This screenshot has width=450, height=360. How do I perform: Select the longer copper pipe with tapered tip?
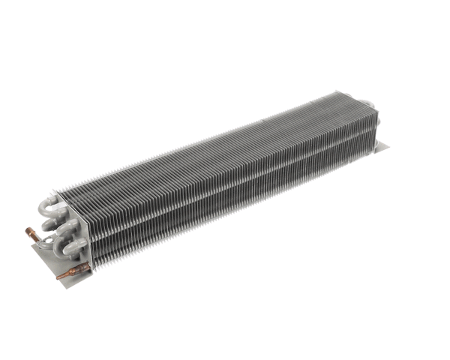click(73, 271)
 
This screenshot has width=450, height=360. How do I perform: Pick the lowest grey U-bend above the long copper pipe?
click(75, 248)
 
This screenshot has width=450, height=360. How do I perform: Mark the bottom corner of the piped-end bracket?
click(69, 289)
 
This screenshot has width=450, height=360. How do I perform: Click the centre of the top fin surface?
click(210, 142)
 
